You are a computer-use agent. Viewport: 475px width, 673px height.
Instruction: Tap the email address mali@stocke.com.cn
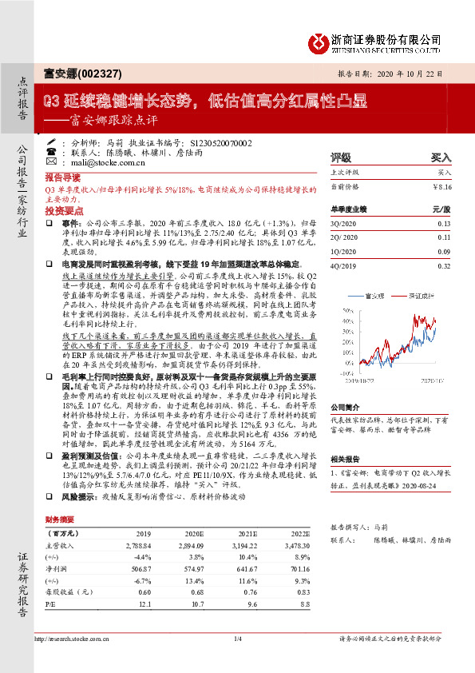[99, 161]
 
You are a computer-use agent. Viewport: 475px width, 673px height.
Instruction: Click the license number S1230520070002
[218, 141]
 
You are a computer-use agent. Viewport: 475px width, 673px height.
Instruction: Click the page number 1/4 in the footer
[237, 661]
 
